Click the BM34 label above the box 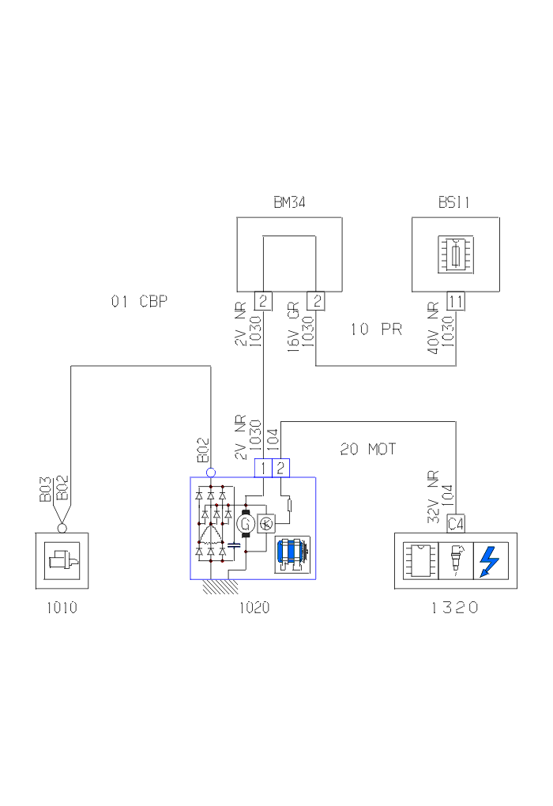coord(289,203)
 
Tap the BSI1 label coord(454,203)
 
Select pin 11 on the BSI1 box coord(456,300)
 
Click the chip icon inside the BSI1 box coord(456,256)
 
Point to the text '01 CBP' coord(139,301)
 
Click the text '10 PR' coord(376,330)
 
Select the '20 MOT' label coord(368,450)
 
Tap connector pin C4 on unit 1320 coord(455,524)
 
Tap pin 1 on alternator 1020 coord(262,468)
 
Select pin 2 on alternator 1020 coord(280,468)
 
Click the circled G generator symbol coord(244,522)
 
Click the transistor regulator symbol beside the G coord(266,522)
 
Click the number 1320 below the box coord(455,608)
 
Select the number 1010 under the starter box coord(62,608)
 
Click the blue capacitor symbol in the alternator coord(234,544)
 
